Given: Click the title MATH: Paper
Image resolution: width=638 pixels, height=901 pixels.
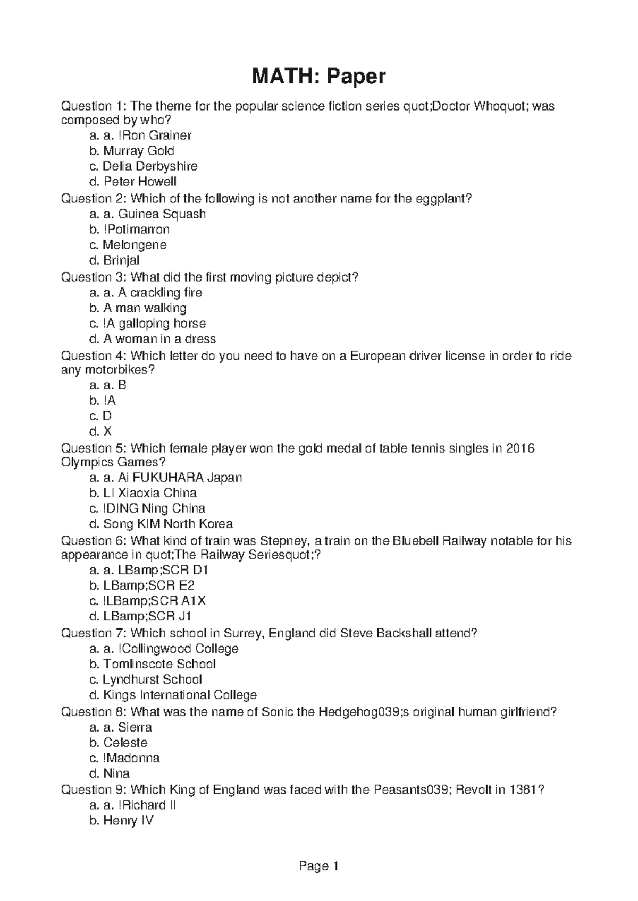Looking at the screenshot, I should click(x=318, y=77).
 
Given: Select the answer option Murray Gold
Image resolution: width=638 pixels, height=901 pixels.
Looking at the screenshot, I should click(x=138, y=151).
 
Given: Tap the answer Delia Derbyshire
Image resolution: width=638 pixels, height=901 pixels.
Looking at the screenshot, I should click(x=149, y=166).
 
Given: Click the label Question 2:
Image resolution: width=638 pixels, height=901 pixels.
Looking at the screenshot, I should click(x=94, y=199).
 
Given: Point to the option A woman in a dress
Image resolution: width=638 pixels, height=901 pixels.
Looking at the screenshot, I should click(x=159, y=339).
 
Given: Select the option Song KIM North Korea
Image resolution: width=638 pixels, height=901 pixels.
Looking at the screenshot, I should click(x=167, y=524).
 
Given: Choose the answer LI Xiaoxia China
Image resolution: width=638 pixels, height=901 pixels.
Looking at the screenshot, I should click(x=150, y=493).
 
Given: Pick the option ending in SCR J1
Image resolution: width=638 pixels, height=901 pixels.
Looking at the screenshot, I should click(x=147, y=616).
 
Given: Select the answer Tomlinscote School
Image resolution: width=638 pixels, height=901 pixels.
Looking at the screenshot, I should click(x=159, y=664).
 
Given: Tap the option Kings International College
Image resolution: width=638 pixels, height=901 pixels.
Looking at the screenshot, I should click(x=180, y=695).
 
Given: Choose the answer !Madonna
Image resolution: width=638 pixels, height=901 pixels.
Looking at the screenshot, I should click(x=131, y=758).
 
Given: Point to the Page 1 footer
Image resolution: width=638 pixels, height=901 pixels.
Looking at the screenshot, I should click(x=319, y=866).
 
